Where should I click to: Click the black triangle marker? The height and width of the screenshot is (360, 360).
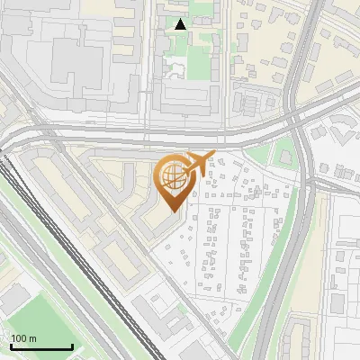pyautogui.click(x=181, y=24)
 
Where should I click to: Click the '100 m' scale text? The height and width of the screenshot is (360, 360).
pyautogui.click(x=23, y=338)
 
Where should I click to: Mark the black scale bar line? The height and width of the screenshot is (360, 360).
pyautogui.click(x=41, y=347)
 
